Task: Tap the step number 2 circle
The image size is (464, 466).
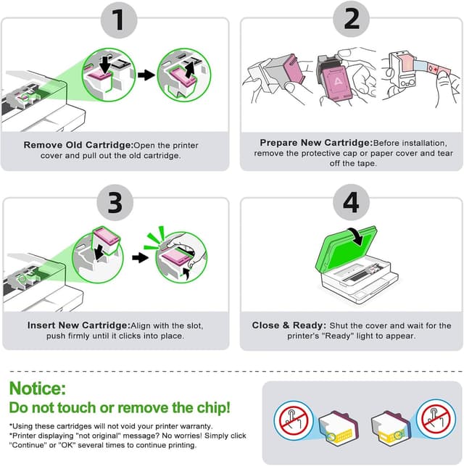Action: tap(351, 20)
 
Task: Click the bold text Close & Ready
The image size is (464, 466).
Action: tap(289, 325)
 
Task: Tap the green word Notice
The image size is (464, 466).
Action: tap(38, 389)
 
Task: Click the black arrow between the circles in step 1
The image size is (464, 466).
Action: tap(146, 74)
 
